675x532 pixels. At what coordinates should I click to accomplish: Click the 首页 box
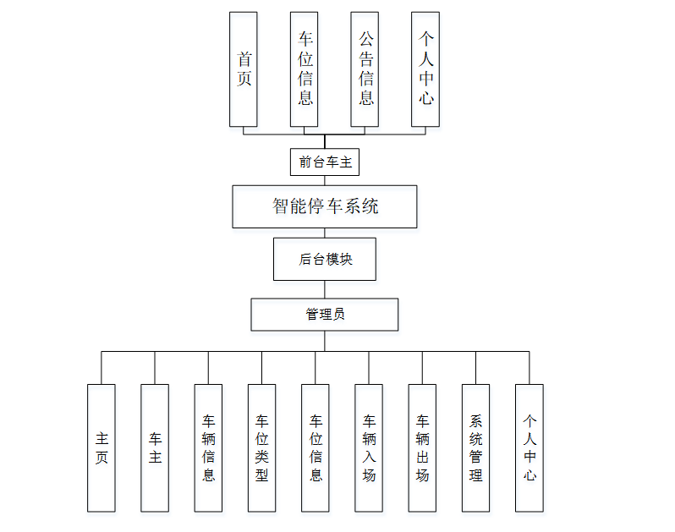243,69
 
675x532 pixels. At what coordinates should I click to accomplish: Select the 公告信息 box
365,69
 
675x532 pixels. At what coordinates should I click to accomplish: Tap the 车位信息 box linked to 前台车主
305,69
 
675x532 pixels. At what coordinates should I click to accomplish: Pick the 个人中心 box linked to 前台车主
425,69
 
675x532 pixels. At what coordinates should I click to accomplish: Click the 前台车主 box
324,162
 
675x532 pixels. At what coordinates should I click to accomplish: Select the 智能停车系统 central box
325,206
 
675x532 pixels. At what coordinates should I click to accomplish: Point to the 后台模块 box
325,259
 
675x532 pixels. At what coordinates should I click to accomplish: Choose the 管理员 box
325,315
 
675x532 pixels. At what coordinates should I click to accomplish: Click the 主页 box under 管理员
102,448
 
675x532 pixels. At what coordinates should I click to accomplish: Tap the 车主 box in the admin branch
155,448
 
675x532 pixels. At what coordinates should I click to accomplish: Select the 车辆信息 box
208,448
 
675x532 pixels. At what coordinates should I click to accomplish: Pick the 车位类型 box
261,448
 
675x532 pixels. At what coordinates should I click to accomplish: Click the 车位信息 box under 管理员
316,448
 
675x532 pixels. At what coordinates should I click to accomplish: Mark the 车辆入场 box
369,448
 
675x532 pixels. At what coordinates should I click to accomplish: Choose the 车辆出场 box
422,448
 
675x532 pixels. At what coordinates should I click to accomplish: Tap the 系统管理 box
475,448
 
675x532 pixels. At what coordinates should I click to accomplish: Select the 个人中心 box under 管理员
530,448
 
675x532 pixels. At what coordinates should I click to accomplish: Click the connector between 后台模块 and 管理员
325,289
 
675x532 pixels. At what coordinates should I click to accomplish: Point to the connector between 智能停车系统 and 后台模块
325,233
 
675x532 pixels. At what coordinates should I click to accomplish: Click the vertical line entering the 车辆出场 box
422,368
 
